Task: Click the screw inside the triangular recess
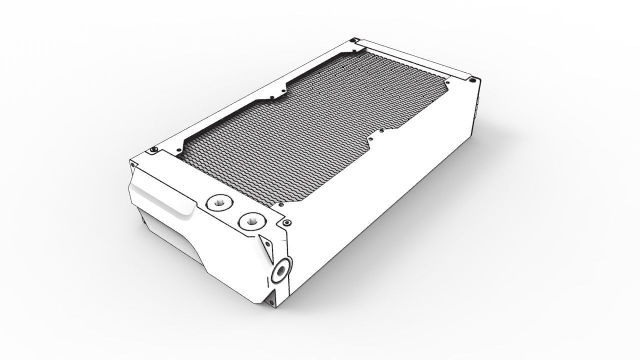pyautogui.click(x=267, y=243)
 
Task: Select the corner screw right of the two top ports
pyautogui.click(x=286, y=222)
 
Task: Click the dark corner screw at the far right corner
pyautogui.click(x=472, y=79)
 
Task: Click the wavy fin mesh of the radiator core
pyautogui.click(x=310, y=130)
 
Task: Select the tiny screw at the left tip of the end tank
pyautogui.click(x=132, y=161)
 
